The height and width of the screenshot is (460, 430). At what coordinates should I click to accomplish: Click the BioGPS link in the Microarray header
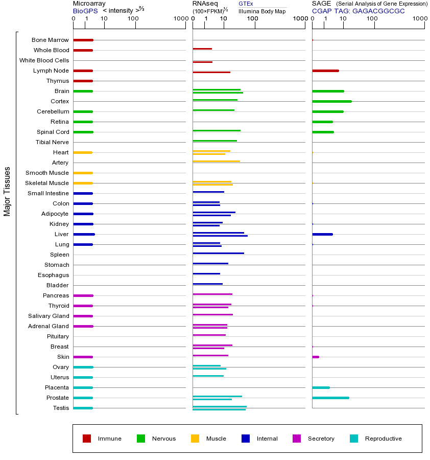click(83, 11)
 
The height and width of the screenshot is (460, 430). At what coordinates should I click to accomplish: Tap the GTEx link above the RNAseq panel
click(246, 4)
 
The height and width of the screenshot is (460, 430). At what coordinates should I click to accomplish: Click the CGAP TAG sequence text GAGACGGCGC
click(378, 11)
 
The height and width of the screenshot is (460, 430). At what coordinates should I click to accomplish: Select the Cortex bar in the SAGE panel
click(331, 101)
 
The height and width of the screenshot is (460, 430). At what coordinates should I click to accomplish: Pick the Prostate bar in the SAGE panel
click(330, 398)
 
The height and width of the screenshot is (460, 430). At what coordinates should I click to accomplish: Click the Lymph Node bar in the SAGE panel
click(325, 71)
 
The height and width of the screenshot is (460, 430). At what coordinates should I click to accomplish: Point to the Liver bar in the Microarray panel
click(84, 234)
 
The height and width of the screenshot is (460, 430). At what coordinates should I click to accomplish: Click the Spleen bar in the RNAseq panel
click(218, 253)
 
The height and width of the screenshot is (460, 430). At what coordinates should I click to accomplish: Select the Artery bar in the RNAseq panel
click(216, 161)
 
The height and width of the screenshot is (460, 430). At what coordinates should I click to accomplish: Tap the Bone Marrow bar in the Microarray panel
click(83, 40)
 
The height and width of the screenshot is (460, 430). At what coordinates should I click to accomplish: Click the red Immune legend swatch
click(87, 439)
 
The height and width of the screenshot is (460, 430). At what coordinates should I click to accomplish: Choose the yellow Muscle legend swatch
click(195, 439)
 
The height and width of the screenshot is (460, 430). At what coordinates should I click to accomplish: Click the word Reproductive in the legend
click(383, 439)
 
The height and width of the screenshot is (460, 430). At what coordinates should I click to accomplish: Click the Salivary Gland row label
click(49, 316)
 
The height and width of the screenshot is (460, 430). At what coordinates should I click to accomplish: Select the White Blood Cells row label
click(44, 60)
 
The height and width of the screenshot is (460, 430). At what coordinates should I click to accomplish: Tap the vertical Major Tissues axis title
click(7, 191)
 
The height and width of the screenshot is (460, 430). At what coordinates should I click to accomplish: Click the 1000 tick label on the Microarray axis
click(180, 19)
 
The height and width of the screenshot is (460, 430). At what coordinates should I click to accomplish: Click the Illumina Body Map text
click(262, 11)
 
